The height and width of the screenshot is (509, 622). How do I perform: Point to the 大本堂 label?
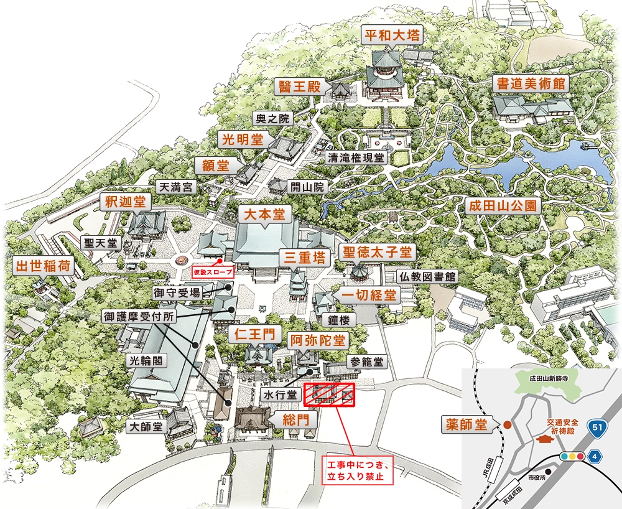pyautogui.click(x=264, y=215)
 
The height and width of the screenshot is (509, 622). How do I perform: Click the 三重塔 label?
pyautogui.click(x=303, y=256)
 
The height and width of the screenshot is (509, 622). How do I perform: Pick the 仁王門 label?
pyautogui.click(x=254, y=334)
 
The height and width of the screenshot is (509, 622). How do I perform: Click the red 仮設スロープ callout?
pyautogui.click(x=213, y=273)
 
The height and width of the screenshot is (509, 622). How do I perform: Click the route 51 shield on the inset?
pyautogui.click(x=598, y=427)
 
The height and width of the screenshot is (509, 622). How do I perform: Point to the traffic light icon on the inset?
pyautogui.click(x=573, y=456)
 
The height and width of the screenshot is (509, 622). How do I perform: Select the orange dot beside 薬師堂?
pyautogui.click(x=507, y=426)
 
